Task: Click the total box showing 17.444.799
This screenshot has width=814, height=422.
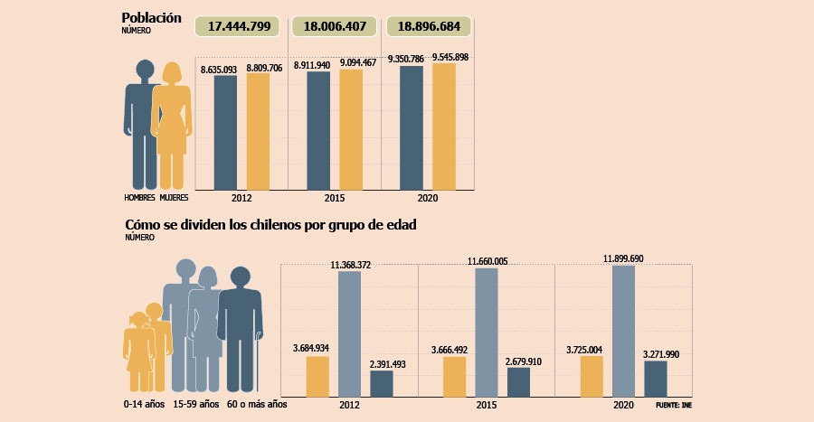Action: tap(241, 26)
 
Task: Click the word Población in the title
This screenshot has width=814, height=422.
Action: tap(151, 17)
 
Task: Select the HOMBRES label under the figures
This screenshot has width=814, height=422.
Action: tap(139, 196)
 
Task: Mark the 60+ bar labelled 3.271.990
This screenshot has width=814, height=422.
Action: tap(656, 379)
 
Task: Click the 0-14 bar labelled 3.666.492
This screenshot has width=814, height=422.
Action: tap(454, 376)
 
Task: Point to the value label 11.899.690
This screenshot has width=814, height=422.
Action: tap(624, 259)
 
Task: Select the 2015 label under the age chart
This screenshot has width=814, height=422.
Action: tap(486, 406)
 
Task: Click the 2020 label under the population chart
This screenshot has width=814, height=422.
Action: tap(428, 198)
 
